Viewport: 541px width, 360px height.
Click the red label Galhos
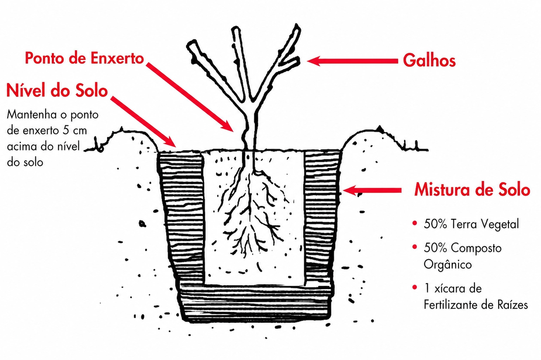[x=429, y=61]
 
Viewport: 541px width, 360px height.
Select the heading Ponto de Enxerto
[x=84, y=58]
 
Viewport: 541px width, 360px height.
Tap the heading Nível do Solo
[x=57, y=90]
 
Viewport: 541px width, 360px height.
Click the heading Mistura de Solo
[x=472, y=190]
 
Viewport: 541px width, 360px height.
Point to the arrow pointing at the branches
[x=352, y=61]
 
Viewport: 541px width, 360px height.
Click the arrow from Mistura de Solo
[x=372, y=190]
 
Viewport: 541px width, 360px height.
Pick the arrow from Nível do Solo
[x=144, y=122]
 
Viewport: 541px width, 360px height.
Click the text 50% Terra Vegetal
[x=471, y=224]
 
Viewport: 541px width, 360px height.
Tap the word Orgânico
[x=447, y=264]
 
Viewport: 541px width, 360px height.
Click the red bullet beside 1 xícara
[x=415, y=287]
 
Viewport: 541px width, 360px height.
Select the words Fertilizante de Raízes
[x=476, y=304]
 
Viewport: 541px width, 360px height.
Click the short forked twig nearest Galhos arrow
[x=291, y=61]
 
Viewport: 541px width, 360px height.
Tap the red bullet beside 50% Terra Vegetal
[x=415, y=223]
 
